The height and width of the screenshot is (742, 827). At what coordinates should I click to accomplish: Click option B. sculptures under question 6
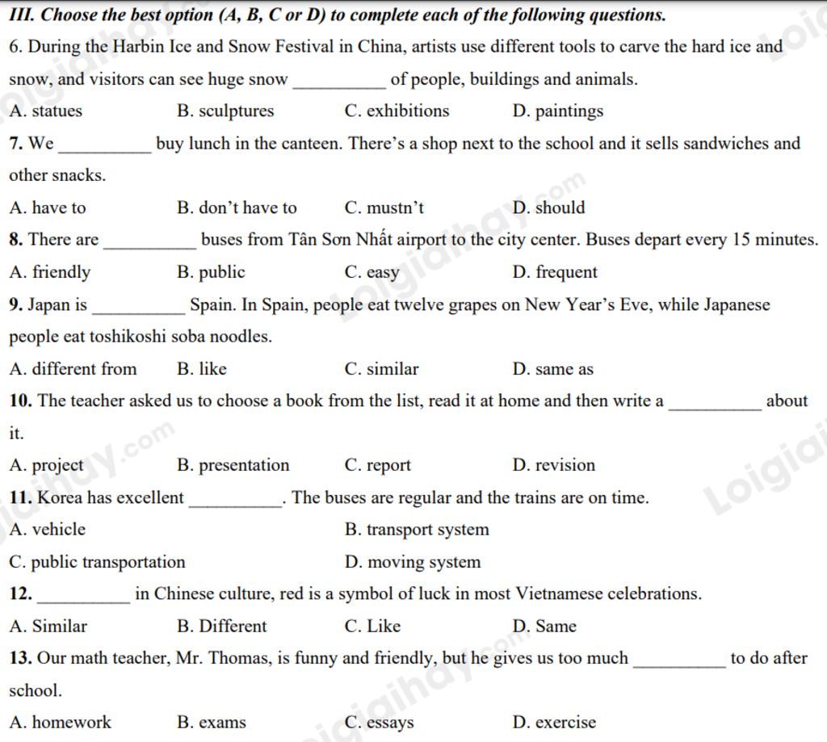225,111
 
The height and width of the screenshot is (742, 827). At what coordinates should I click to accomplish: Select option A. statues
46,111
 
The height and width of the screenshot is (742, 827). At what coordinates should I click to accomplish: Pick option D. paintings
558,111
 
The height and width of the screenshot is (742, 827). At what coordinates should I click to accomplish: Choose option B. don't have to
237,208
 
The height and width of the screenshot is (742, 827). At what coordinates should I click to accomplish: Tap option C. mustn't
384,208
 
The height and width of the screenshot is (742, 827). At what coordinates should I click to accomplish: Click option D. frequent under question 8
555,273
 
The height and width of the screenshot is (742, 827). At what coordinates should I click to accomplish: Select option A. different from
73,370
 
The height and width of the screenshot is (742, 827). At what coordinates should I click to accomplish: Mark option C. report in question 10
377,466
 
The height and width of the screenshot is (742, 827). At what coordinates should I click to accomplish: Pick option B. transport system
417,530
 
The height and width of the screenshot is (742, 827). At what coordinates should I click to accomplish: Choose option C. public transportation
97,563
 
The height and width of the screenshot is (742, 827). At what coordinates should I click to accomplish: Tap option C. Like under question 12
372,627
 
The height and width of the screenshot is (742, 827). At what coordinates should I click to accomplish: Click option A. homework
61,723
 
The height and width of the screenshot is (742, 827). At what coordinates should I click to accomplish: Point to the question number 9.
16,305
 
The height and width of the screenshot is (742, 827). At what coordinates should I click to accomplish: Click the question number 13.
21,659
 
